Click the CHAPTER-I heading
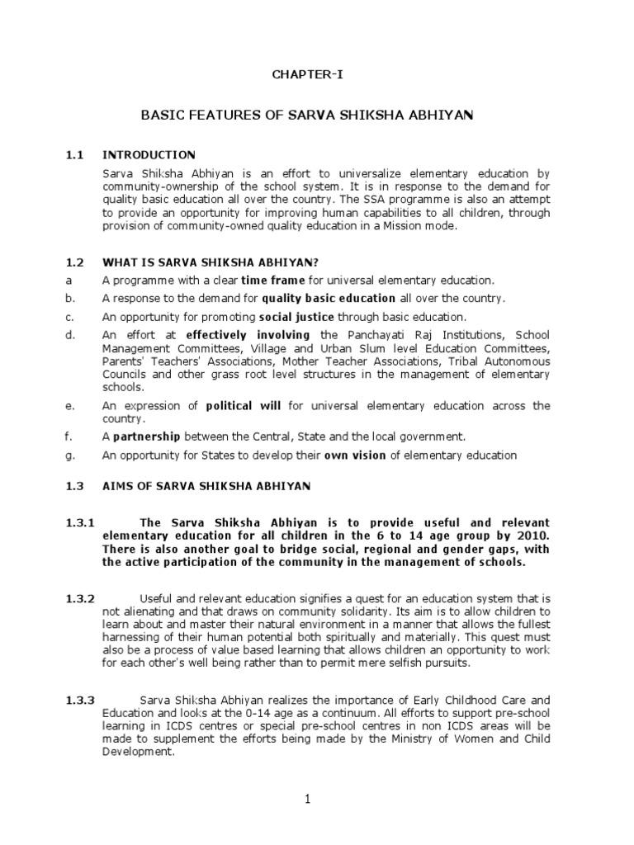[x=307, y=75]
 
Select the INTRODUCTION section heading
[x=149, y=154]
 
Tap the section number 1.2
[x=75, y=262]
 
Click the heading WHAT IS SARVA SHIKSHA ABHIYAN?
[x=210, y=262]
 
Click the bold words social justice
[x=294, y=317]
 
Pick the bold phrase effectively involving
[x=248, y=335]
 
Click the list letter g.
[x=69, y=455]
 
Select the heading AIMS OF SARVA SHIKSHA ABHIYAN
[x=206, y=487]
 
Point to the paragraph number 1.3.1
[x=81, y=523]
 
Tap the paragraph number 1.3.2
[x=81, y=597]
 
